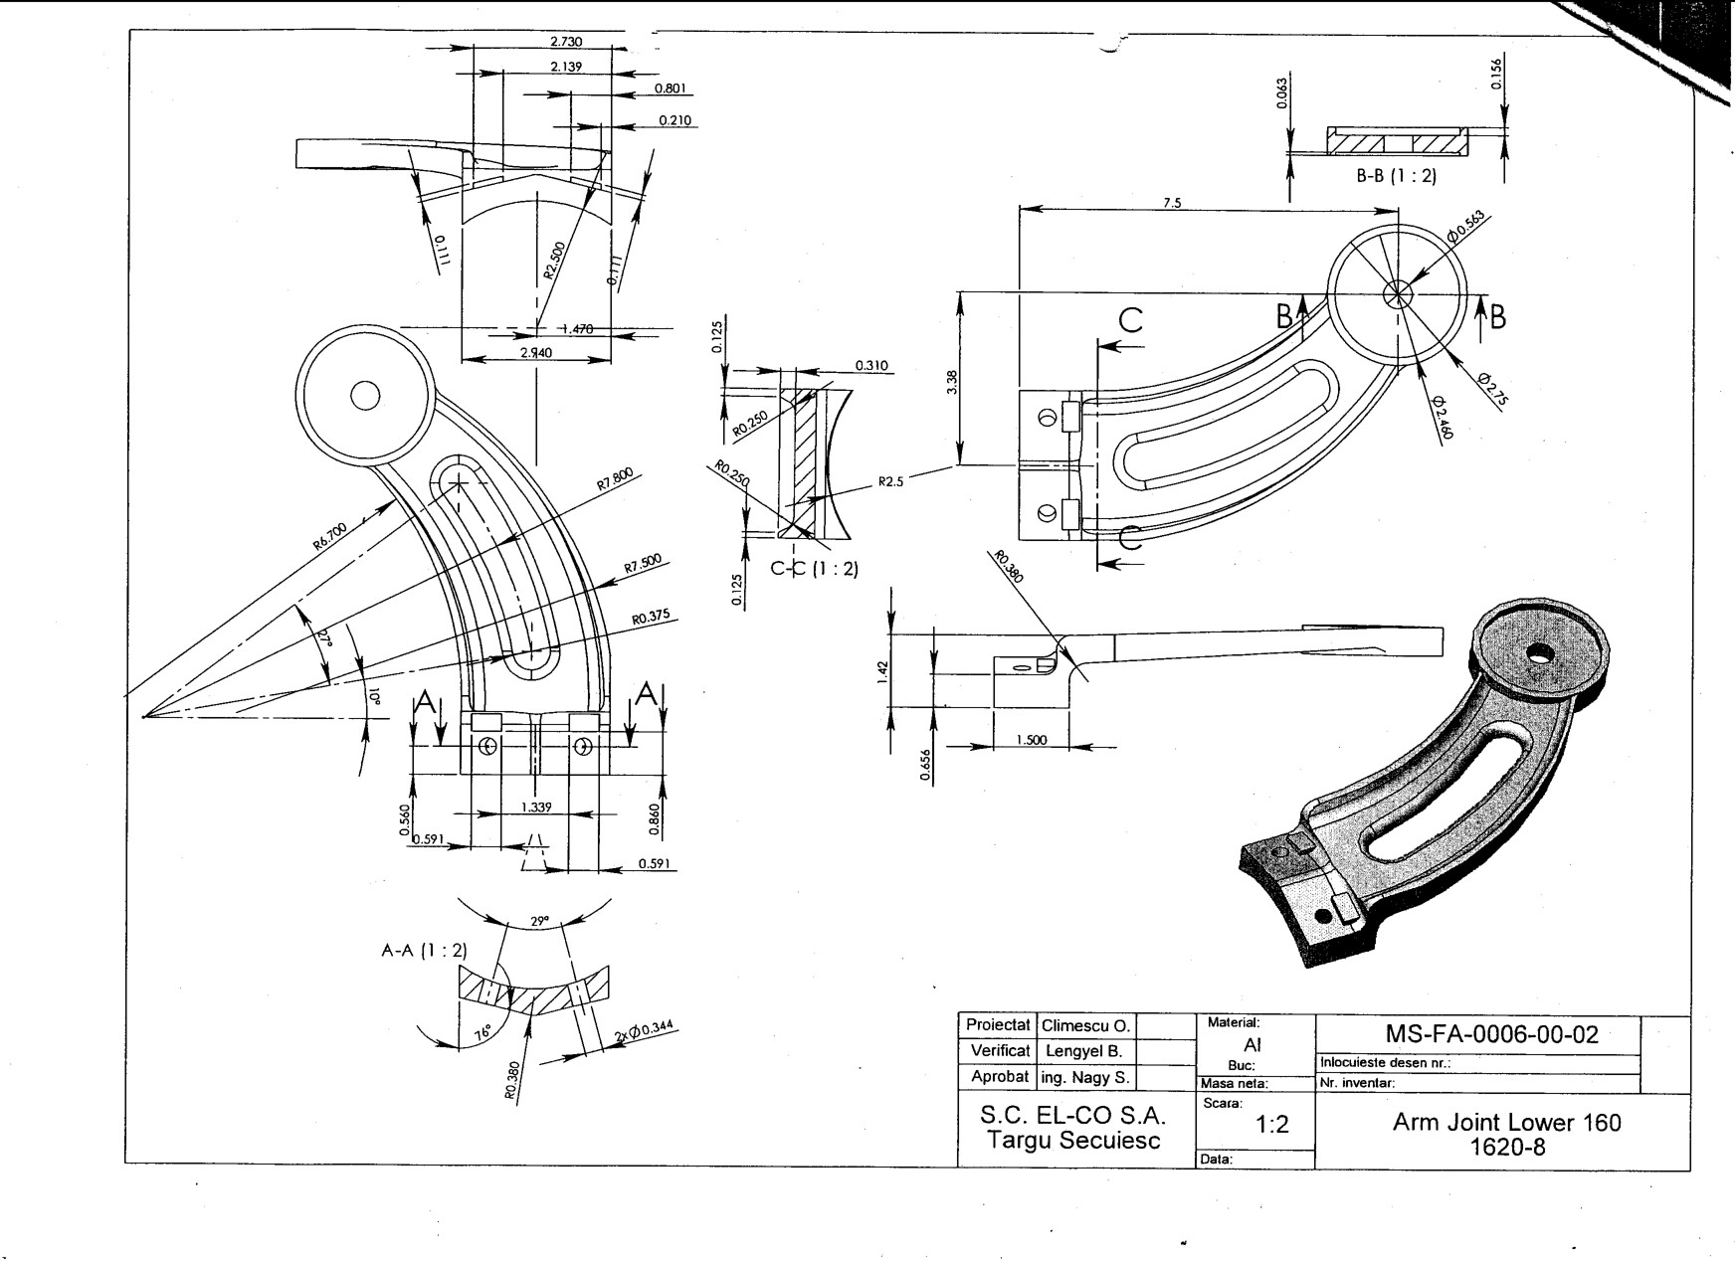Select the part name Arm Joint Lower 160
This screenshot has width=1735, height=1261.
point(1506,1123)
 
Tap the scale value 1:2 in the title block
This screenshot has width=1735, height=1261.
point(1272,1125)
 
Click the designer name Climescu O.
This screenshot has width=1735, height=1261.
point(1086,1025)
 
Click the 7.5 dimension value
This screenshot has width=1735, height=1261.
point(1172,203)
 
